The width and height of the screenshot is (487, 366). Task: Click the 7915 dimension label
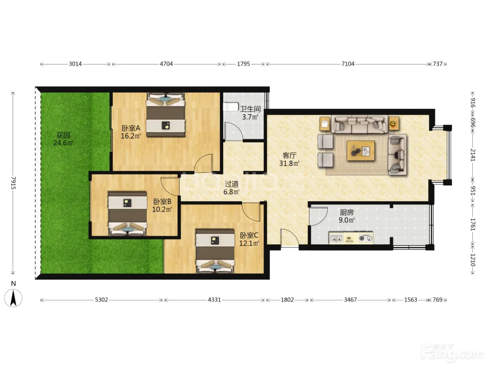[x=13, y=183]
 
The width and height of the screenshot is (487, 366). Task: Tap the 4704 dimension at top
[x=166, y=64]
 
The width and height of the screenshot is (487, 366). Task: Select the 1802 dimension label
[x=287, y=300]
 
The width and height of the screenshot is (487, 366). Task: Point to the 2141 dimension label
[x=473, y=155]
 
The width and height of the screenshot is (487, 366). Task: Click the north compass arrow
[x=13, y=298]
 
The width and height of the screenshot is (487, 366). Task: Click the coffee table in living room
[x=361, y=151]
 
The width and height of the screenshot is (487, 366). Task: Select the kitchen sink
[x=336, y=238]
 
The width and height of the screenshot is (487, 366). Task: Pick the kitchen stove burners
[x=366, y=238]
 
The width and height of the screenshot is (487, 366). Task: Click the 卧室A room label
[x=131, y=128]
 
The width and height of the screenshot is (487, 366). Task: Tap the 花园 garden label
[x=63, y=135]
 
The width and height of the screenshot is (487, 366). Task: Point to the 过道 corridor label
[x=231, y=184]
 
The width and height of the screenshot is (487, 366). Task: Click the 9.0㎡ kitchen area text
[x=346, y=220]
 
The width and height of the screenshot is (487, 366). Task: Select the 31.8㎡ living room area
[x=289, y=163]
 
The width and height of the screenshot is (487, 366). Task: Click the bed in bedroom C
[x=215, y=251]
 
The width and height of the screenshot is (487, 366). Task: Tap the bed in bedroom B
[x=128, y=213]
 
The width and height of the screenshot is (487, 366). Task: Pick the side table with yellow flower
[x=393, y=123]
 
